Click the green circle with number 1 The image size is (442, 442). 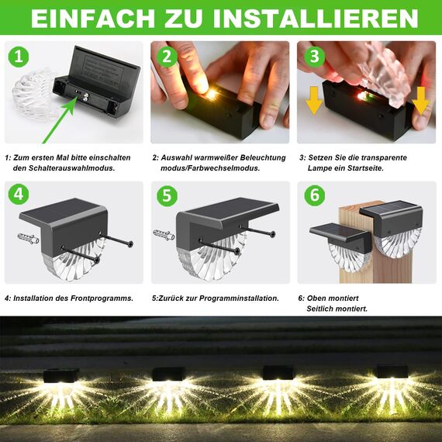tap(17, 57)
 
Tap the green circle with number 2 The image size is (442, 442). tap(164, 57)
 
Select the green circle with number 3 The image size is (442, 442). tap(313, 57)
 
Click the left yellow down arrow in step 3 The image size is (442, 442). tap(314, 100)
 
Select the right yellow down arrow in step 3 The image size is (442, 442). tap(421, 100)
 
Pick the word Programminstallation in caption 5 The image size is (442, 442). tap(238, 297)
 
